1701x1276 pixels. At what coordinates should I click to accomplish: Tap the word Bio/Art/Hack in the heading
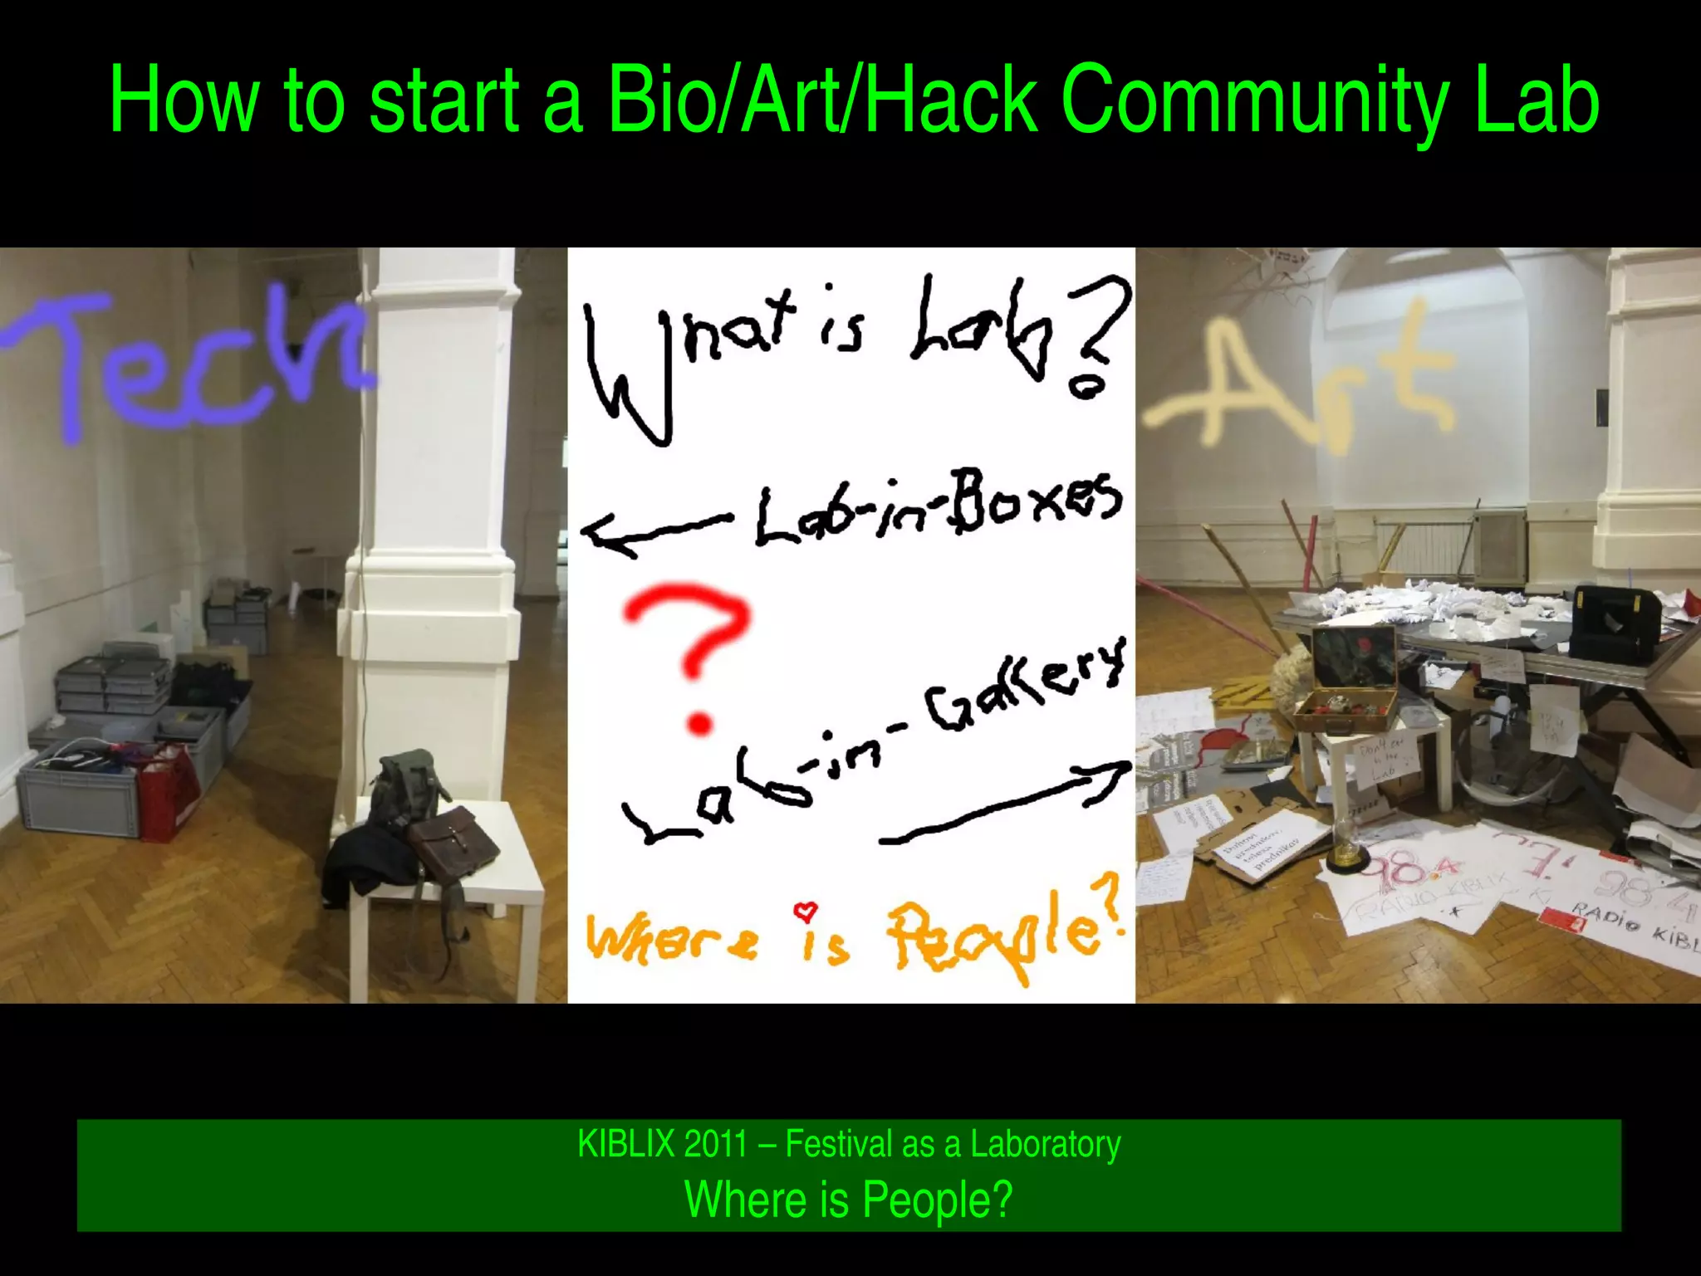tap(822, 101)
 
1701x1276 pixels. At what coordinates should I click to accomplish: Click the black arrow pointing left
tap(652, 531)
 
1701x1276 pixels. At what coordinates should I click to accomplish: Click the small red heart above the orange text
tap(805, 912)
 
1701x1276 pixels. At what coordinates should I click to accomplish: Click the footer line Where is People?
tap(849, 1199)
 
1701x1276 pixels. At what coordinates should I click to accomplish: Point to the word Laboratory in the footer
tap(1046, 1144)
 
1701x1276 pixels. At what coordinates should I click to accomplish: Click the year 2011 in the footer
tap(717, 1144)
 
